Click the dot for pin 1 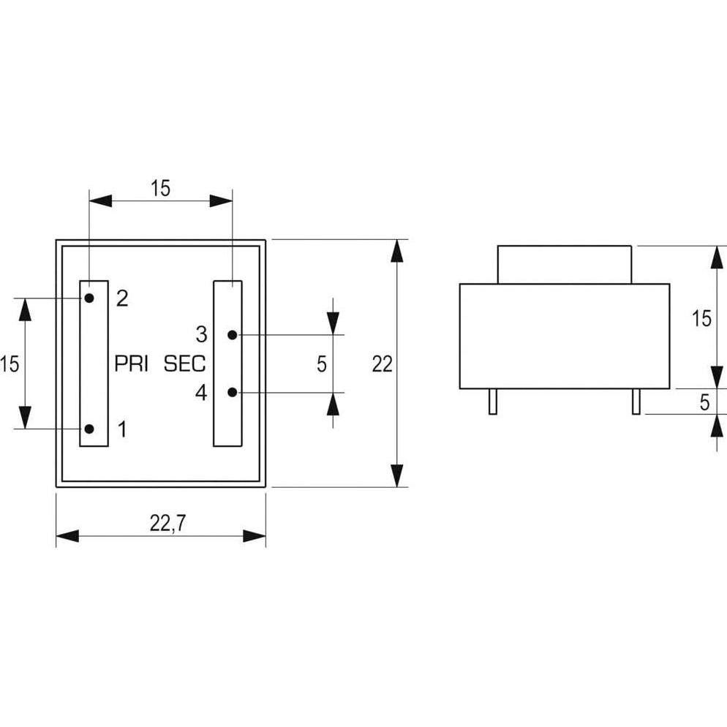(x=88, y=429)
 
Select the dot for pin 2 (x=88, y=298)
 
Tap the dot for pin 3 (x=232, y=335)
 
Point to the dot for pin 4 (x=232, y=392)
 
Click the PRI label (x=132, y=363)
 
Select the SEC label (x=184, y=363)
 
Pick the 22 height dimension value (x=382, y=363)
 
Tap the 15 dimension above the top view (x=160, y=188)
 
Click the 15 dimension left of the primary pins (x=10, y=363)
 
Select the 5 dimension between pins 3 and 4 (x=322, y=363)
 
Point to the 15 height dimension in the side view (x=701, y=318)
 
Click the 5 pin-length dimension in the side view (x=704, y=402)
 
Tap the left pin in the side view (x=493, y=402)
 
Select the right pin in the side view (x=636, y=402)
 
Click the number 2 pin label (x=122, y=298)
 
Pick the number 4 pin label (x=201, y=393)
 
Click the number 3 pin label (x=201, y=335)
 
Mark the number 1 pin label (x=121, y=429)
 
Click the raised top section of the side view (x=563, y=264)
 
